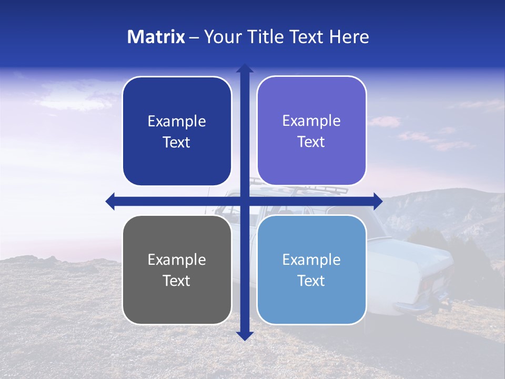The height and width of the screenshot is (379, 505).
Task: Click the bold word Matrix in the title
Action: click(156, 37)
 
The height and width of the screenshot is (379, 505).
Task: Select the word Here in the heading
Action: click(349, 37)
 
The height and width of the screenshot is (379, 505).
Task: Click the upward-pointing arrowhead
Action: click(245, 68)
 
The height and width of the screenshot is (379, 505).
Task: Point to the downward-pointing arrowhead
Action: click(245, 335)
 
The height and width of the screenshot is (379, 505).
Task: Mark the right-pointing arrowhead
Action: click(378, 201)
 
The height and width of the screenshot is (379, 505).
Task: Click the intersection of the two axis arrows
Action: click(245, 201)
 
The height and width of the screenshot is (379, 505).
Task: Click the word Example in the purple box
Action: click(311, 121)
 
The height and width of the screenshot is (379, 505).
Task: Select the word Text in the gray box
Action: click(177, 281)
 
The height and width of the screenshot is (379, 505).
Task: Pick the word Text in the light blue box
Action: click(311, 281)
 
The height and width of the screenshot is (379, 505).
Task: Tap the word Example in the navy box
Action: click(177, 121)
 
